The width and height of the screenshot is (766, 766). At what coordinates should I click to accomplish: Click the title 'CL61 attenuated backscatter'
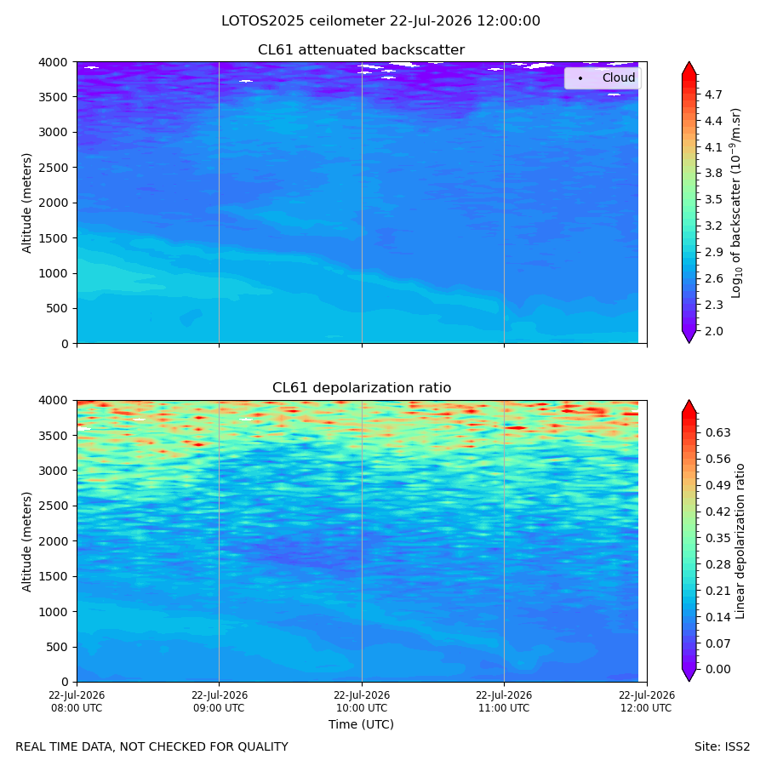point(361,50)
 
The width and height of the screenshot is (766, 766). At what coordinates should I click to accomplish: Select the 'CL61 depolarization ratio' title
point(362,388)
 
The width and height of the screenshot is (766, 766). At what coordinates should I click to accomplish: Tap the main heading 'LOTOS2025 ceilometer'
point(303,21)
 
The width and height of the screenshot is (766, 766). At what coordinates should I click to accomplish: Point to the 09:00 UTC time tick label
point(220,701)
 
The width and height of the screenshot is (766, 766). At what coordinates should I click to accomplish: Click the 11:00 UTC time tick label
point(504,701)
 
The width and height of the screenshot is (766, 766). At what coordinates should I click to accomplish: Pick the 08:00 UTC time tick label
point(77,701)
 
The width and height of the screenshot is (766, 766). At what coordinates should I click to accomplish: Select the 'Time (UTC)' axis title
point(361,724)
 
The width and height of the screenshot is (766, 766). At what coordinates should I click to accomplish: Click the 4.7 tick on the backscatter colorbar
point(713,94)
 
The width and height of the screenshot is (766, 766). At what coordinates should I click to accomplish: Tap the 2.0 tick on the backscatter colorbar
point(713,331)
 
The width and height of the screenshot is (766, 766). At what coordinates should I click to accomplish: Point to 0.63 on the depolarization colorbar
point(718,433)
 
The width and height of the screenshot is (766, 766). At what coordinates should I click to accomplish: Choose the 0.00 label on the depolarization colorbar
point(718,669)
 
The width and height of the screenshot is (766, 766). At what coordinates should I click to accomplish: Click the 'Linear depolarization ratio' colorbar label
point(740,541)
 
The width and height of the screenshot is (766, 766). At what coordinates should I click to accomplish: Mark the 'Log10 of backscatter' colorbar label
point(736,203)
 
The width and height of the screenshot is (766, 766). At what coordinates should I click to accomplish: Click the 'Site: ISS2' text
point(722,747)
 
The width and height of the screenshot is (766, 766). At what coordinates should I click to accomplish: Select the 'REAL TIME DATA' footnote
point(152,747)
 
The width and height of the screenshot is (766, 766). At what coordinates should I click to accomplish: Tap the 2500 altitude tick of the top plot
point(54,168)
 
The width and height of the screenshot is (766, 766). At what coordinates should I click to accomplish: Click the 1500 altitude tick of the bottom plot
point(54,576)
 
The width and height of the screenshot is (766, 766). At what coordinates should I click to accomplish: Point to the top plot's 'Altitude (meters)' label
point(26,203)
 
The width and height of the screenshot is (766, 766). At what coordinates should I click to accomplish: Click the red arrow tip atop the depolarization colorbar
point(689,401)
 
